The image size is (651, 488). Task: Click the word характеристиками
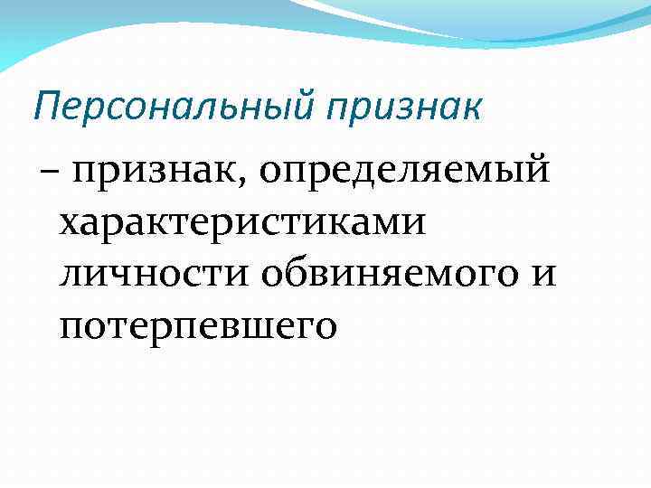coord(242,221)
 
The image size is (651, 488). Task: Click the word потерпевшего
coord(198,323)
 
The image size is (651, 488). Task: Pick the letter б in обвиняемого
coord(296,269)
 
